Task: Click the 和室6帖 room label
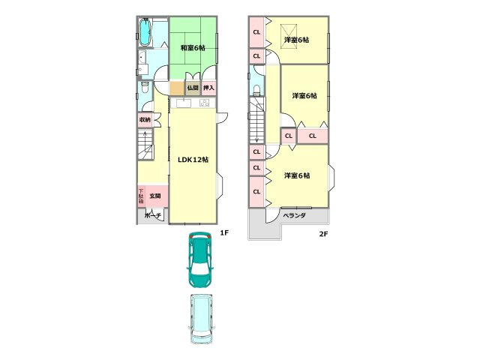pyautogui.click(x=193, y=48)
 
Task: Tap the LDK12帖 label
pyautogui.click(x=193, y=160)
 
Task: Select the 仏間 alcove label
pyautogui.click(x=193, y=88)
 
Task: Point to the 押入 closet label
pyautogui.click(x=209, y=88)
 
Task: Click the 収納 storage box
pyautogui.click(x=145, y=120)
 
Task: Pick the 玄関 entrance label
pyautogui.click(x=154, y=196)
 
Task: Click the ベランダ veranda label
pyautogui.click(x=294, y=215)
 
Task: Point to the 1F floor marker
pyautogui.click(x=223, y=233)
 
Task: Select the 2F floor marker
pyautogui.click(x=323, y=233)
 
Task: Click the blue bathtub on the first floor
pyautogui.click(x=145, y=32)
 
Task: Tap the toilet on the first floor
pyautogui.click(x=145, y=88)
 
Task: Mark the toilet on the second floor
pyautogui.click(x=256, y=90)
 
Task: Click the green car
pyautogui.click(x=200, y=259)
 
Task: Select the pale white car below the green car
pyautogui.click(x=201, y=318)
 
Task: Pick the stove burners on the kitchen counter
pyautogui.click(x=204, y=103)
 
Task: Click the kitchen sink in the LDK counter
pyautogui.click(x=183, y=103)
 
